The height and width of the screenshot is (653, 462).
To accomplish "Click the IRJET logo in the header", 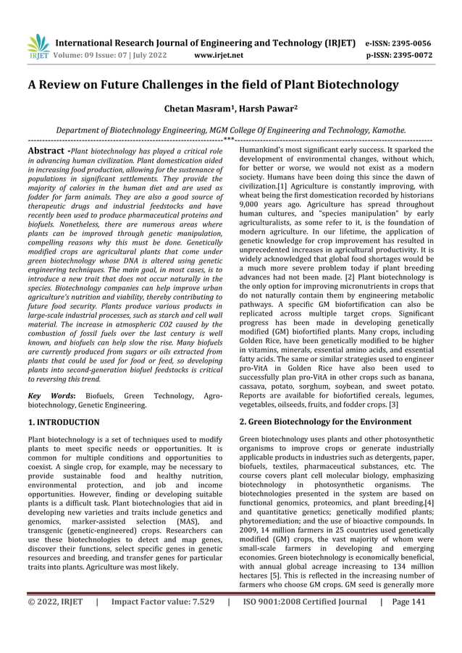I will point(38,46).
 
